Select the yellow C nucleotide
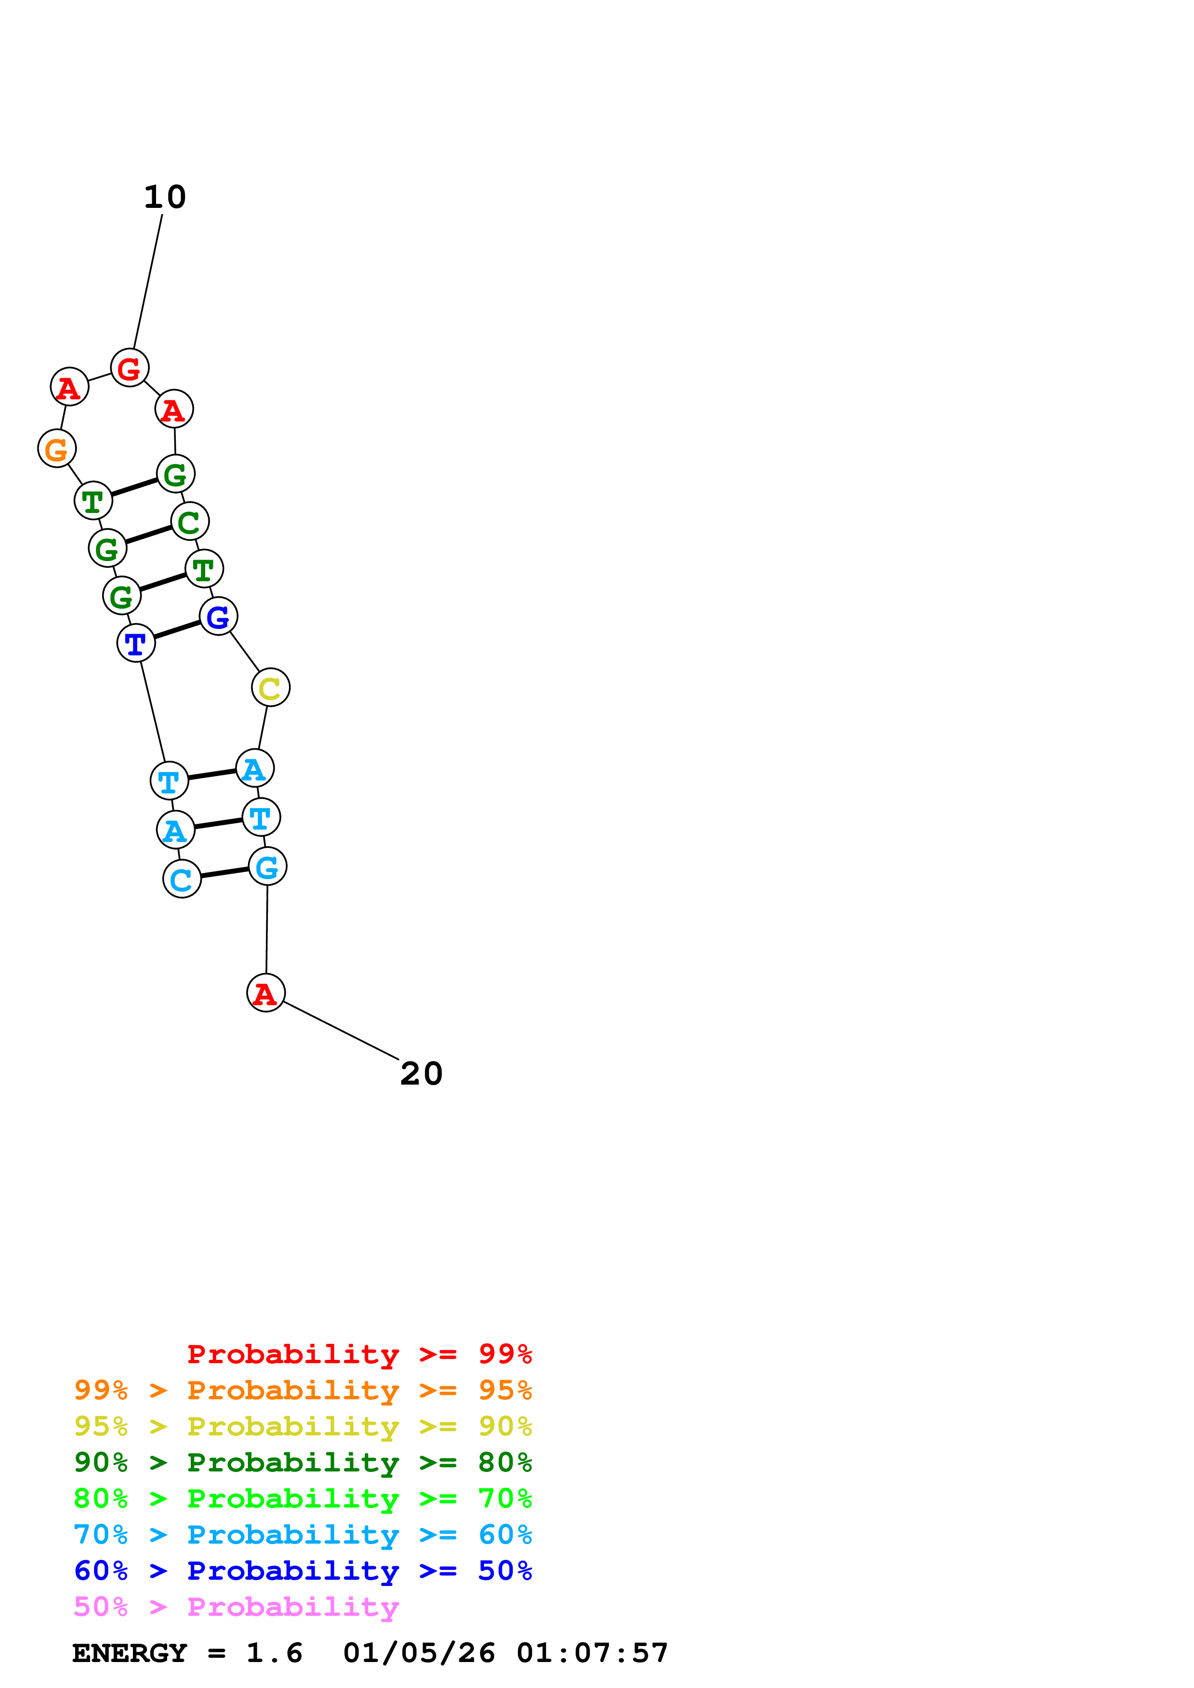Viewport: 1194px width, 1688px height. [x=270, y=688]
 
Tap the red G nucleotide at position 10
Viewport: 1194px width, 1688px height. [x=130, y=368]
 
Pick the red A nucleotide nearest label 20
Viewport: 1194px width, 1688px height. [x=265, y=993]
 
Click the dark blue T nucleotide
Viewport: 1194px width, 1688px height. [x=136, y=643]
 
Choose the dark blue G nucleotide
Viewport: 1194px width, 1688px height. [x=219, y=616]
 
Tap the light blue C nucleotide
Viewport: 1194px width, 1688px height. [x=182, y=879]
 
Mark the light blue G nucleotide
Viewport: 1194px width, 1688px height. [x=267, y=866]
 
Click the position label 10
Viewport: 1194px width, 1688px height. [x=165, y=197]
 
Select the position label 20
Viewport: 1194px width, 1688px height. [x=421, y=1074]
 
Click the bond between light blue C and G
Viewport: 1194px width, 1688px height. [x=224, y=873]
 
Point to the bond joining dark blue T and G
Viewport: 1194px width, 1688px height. [x=177, y=630]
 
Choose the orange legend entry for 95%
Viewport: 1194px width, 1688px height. [x=302, y=1390]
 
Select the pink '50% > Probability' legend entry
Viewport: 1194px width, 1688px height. [x=236, y=1606]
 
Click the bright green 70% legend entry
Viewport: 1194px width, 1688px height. [x=302, y=1498]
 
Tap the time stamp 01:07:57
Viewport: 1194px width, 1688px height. [x=592, y=1653]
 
